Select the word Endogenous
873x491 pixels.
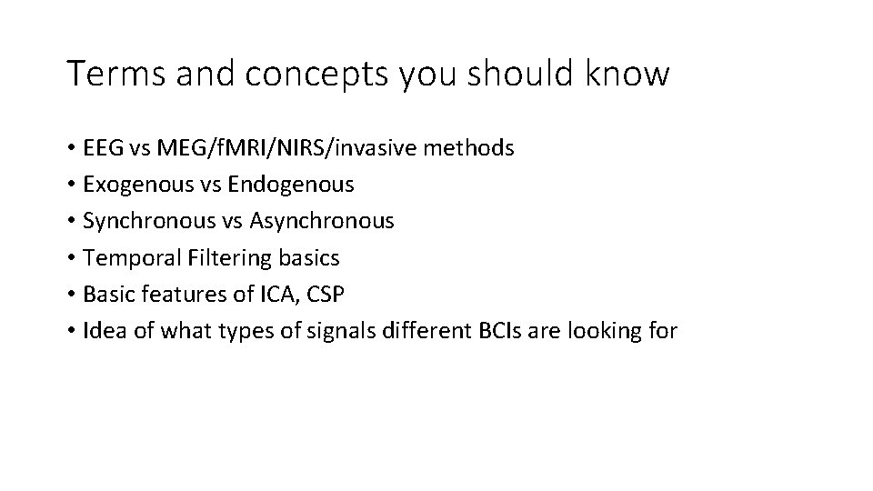click(291, 185)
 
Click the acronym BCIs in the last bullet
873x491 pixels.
click(496, 331)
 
